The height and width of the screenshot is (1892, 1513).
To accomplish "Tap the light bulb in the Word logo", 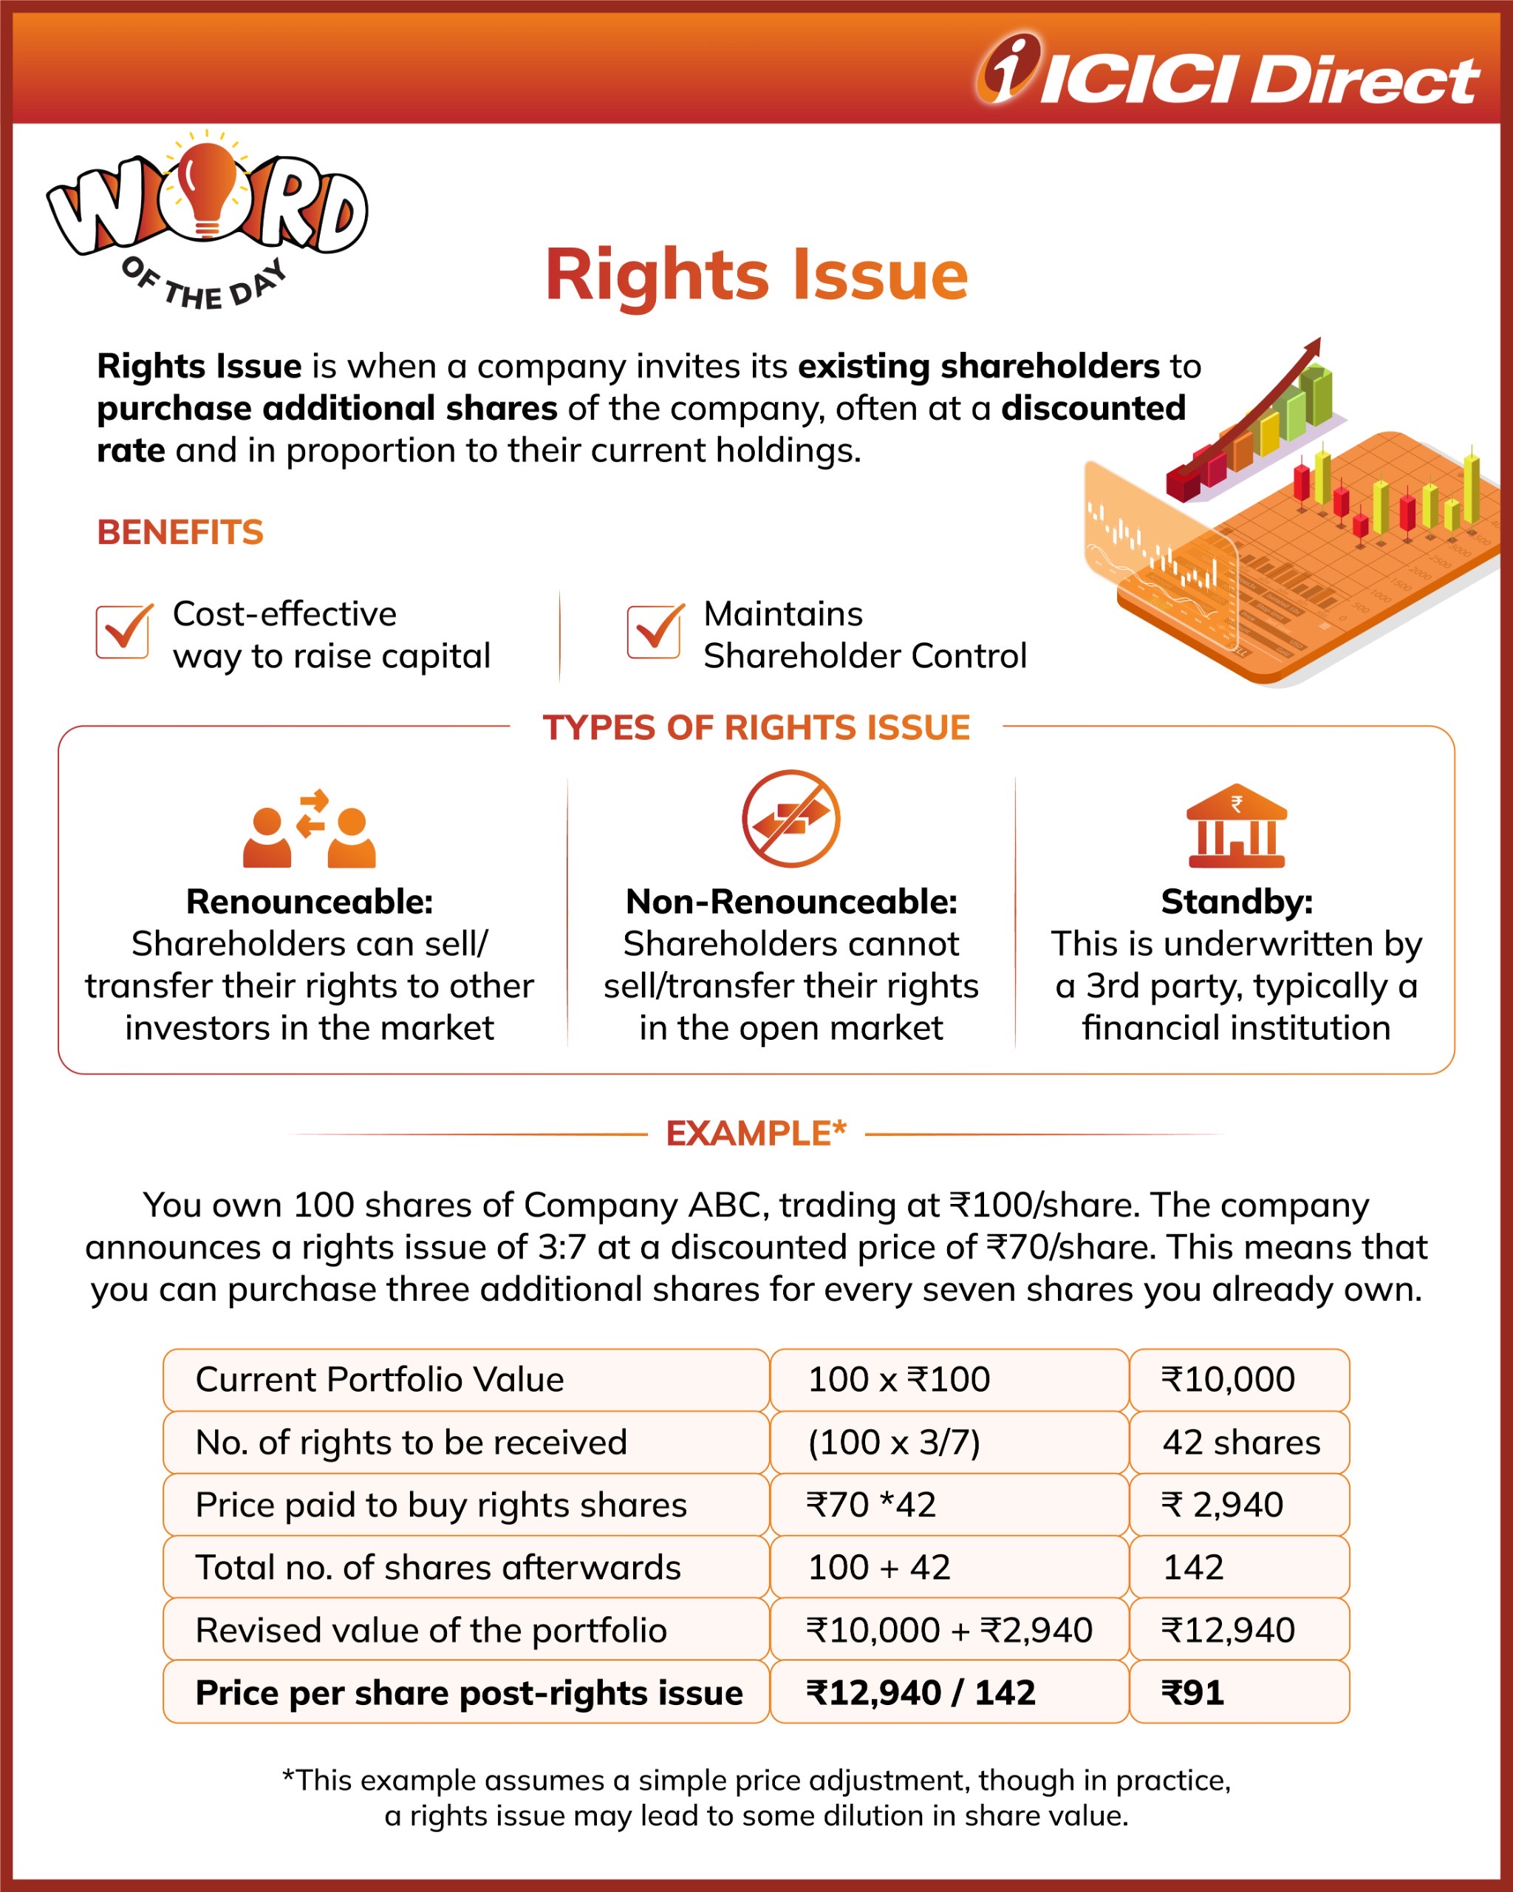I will (208, 188).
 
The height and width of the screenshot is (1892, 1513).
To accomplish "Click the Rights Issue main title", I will (756, 275).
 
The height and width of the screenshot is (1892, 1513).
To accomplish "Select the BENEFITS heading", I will (180, 533).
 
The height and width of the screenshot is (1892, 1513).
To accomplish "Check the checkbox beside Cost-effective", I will (123, 632).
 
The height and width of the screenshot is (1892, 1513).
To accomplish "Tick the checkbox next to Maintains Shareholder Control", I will (653, 632).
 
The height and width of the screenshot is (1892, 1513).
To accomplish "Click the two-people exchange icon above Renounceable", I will (309, 828).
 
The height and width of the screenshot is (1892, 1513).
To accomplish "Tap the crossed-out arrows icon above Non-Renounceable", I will (790, 819).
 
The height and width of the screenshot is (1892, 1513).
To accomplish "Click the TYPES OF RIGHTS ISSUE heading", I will (756, 727).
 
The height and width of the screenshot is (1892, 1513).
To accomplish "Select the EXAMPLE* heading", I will (756, 1134).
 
